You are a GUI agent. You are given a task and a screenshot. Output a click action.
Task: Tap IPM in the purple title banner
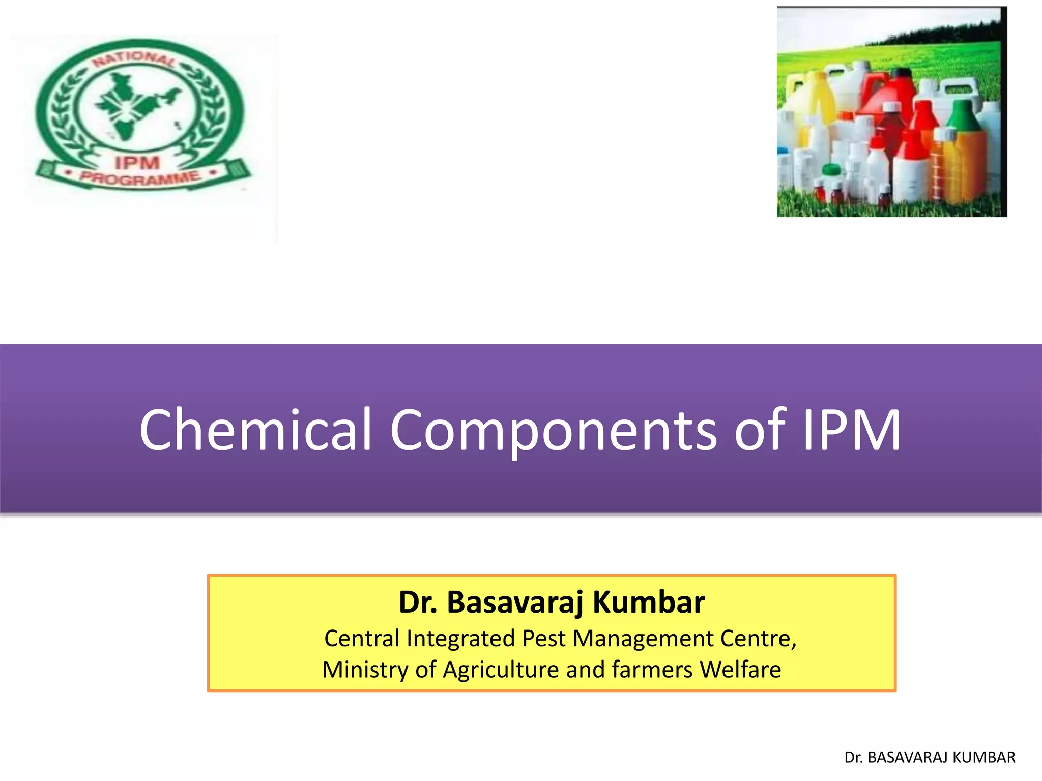click(852, 430)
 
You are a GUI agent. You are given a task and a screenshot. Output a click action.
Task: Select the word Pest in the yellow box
click(544, 639)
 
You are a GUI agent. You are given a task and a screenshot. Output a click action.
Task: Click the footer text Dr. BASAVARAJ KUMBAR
click(930, 757)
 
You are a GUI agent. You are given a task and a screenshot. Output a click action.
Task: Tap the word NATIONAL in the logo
click(134, 58)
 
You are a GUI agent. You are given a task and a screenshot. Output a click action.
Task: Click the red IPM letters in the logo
click(137, 163)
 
